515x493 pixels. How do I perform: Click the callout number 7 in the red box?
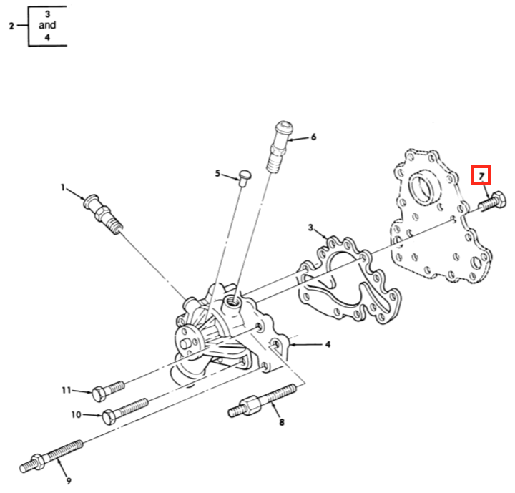482,175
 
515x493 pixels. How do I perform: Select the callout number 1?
63,188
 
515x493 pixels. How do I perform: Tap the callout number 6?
313,137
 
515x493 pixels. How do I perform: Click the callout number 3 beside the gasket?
310,228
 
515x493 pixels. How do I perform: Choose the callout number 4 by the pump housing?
328,345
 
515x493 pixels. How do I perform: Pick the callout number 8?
281,422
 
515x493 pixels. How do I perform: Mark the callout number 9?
69,480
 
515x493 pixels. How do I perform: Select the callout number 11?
65,390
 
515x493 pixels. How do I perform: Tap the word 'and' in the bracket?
48,25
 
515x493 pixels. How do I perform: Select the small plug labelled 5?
245,176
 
